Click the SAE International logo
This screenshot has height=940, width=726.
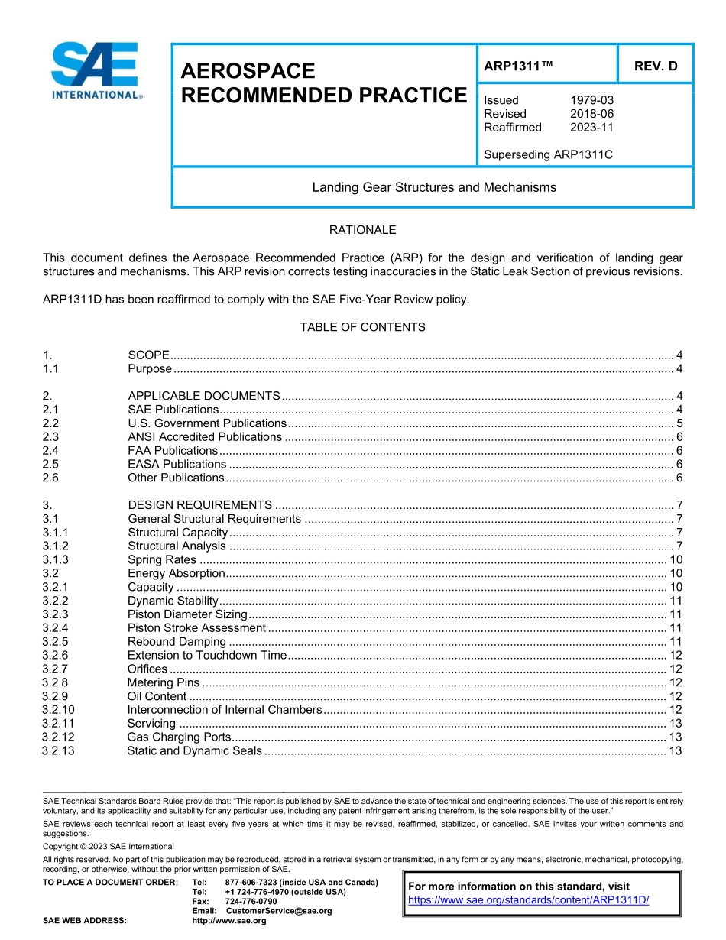pos(96,70)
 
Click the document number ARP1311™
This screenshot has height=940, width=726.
pos(518,66)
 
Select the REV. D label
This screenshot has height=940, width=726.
pos(655,66)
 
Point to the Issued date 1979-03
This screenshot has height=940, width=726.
pos(591,100)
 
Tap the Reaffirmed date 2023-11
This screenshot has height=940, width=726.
pos(591,128)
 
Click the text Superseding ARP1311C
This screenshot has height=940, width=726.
pos(548,155)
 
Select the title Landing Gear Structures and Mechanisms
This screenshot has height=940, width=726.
pos(433,187)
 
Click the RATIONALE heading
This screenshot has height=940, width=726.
pos(362,230)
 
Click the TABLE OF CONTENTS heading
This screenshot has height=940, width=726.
pos(362,327)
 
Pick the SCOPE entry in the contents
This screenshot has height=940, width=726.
pos(148,355)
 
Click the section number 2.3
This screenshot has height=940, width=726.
pos(50,437)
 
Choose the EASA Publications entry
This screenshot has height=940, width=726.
pos(177,465)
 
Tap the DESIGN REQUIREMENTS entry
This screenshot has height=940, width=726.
pos(199,505)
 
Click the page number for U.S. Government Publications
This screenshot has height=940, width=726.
pos(679,423)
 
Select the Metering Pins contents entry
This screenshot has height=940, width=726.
pos(163,682)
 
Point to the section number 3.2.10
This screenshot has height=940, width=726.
pos(58,710)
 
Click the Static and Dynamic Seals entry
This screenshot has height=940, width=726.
pos(194,751)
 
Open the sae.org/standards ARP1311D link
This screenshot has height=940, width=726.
pos(528,900)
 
